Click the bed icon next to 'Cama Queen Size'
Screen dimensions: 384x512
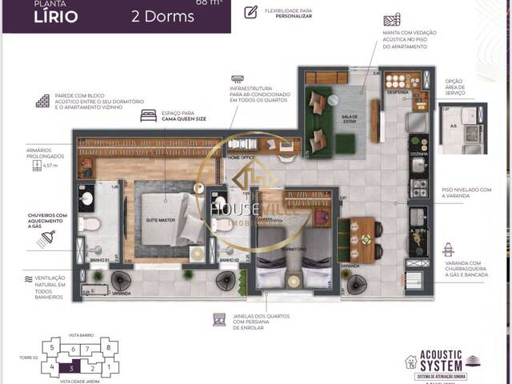point(148,115)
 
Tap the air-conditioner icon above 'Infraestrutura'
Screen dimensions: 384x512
point(238,79)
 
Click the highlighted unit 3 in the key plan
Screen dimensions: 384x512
point(73,369)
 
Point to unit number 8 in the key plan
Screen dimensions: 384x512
point(108,348)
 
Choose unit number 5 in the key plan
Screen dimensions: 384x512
point(52,348)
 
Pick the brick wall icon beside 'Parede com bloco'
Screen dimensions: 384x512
point(43,102)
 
